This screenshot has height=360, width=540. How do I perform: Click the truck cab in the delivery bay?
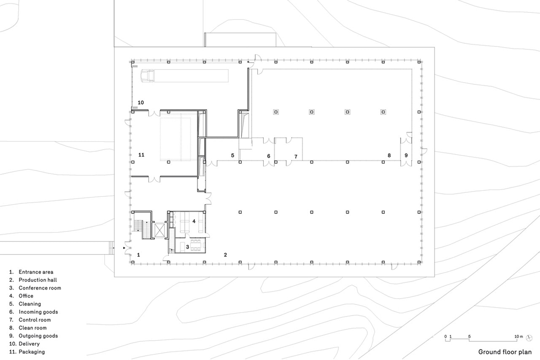tap(148, 76)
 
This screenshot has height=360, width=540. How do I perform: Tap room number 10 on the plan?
tap(141, 103)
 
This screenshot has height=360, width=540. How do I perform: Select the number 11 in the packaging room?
tap(141, 155)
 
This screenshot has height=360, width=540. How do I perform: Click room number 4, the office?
tap(194, 221)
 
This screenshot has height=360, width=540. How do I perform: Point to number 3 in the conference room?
tap(188, 247)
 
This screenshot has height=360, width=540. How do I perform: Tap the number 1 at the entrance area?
tap(138, 254)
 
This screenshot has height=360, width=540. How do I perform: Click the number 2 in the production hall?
tap(225, 254)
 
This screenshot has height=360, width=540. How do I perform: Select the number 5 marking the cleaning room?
tap(232, 155)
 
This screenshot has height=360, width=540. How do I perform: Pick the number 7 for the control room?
tap(296, 157)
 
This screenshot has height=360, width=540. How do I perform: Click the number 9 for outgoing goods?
tap(406, 155)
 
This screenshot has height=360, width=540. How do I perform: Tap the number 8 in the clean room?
tap(389, 155)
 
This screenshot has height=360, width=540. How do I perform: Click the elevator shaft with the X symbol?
tap(159, 230)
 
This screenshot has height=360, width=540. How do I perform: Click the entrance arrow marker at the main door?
tap(124, 248)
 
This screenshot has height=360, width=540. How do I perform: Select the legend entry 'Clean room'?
tap(33, 328)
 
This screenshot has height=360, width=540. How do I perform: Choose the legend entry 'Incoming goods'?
tap(38, 312)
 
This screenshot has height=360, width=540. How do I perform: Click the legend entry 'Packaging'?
tap(32, 352)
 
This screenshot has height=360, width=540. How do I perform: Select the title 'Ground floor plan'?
tap(505, 352)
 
